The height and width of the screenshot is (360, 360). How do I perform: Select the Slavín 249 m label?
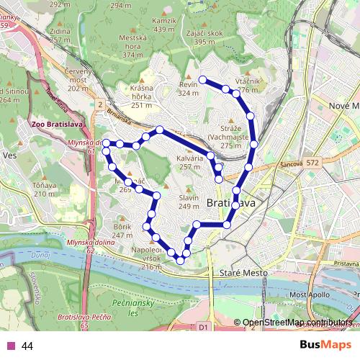188,202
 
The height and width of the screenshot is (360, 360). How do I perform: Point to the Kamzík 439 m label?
164,25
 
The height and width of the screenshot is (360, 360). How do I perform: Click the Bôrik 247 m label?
122,231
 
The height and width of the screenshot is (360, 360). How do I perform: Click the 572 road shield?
332,164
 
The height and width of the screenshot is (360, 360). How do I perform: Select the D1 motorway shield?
202,327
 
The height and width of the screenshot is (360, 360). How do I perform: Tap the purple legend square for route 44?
11,346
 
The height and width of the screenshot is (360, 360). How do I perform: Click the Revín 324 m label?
188,89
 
